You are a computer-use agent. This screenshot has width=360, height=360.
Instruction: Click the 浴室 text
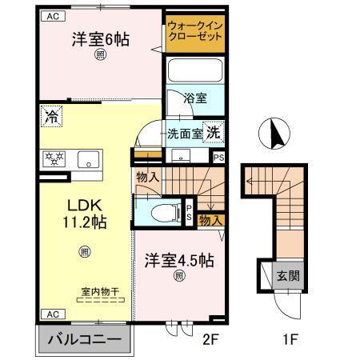195,98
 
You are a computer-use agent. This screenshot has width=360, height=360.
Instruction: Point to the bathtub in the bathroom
196,71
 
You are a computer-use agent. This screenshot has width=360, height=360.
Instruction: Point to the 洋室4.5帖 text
179,261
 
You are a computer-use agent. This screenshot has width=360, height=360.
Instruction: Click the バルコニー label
83,338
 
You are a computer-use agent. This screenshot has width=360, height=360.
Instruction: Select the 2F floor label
210,338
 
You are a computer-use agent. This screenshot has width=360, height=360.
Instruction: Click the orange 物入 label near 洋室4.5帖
210,219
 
